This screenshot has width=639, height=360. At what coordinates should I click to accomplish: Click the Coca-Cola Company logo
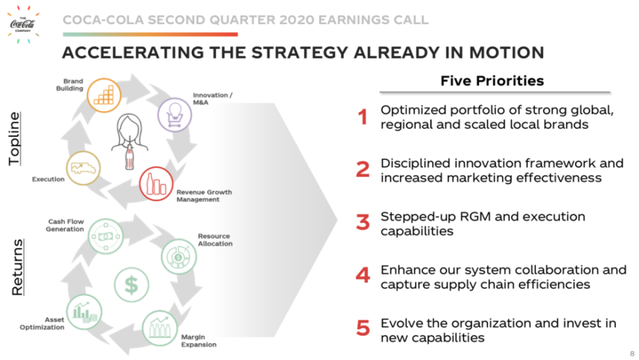[23, 24]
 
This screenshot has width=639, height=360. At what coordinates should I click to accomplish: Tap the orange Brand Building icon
[104, 95]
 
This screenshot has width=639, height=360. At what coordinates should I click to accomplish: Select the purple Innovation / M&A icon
[175, 115]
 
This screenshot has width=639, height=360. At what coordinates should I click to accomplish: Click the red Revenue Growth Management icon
[156, 184]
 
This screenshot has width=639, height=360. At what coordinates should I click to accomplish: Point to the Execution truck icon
[84, 168]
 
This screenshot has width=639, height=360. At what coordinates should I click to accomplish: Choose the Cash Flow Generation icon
[105, 237]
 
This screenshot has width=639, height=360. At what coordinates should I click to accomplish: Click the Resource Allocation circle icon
[178, 257]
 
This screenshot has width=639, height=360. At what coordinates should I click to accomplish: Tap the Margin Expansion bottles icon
[160, 328]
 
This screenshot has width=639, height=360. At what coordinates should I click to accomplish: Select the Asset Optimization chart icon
[84, 312]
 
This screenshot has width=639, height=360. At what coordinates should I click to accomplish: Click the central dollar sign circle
[131, 285]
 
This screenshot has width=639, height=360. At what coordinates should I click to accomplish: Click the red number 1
[363, 117]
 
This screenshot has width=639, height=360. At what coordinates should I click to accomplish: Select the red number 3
[363, 223]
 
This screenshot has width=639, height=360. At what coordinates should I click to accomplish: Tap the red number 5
[363, 328]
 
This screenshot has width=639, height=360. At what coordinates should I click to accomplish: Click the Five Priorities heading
[492, 81]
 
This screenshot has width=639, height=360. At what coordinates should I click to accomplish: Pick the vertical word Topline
[15, 139]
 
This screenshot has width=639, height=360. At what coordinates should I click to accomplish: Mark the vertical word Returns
[17, 267]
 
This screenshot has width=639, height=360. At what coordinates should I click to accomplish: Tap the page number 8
[632, 354]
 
